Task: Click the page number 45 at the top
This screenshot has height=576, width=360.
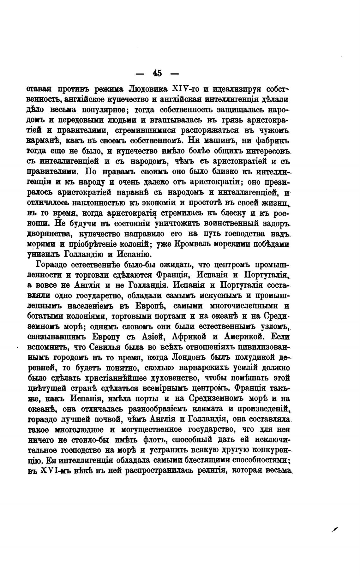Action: click(x=157, y=74)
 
